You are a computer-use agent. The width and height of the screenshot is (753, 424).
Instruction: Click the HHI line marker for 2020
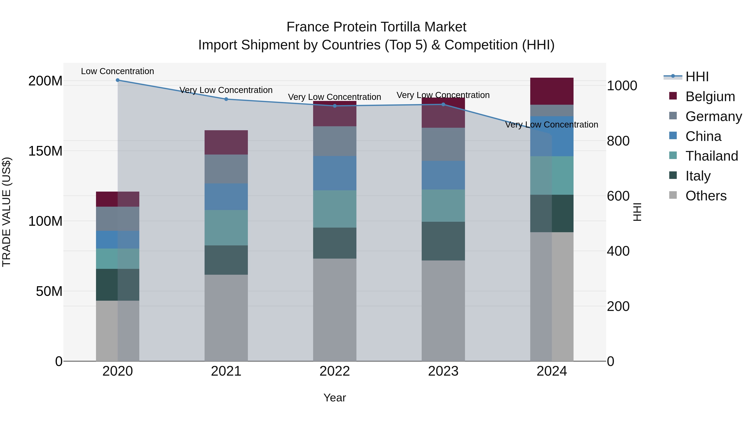(x=118, y=80)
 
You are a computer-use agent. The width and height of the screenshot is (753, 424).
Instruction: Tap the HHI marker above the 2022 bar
(x=335, y=106)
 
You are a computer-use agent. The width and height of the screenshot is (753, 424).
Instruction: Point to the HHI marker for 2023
(x=443, y=104)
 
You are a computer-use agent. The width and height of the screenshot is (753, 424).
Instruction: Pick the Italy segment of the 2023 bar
(x=443, y=241)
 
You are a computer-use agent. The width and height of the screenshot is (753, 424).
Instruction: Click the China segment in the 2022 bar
(x=335, y=173)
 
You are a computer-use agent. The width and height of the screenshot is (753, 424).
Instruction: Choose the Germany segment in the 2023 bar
(x=443, y=144)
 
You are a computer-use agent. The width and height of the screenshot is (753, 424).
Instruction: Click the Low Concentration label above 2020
(x=118, y=71)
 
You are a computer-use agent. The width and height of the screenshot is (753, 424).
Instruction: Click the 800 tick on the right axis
(x=618, y=141)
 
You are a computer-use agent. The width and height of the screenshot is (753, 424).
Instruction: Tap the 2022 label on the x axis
(x=335, y=371)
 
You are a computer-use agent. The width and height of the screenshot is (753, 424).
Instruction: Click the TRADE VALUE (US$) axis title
(x=6, y=212)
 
